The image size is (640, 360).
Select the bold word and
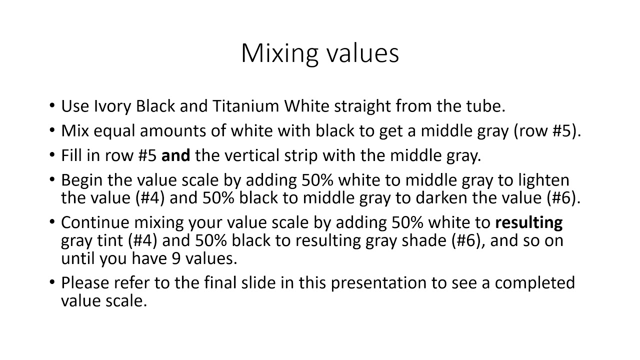tap(175, 155)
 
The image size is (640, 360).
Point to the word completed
tap(535, 283)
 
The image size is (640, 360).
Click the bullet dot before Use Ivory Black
tap(52, 106)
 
